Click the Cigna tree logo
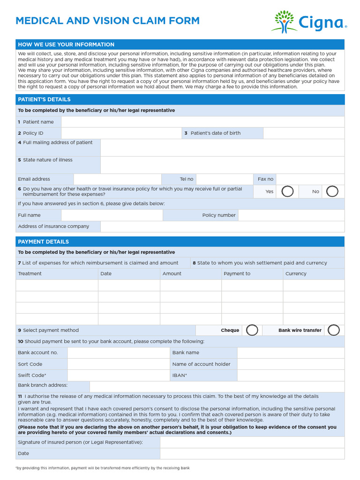pos(284,21)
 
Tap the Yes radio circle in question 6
pos(287,191)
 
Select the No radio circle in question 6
pos(332,191)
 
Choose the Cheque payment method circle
pos(252,330)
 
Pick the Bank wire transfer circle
pos(333,330)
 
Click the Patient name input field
pos(202,122)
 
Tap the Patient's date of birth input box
pos(303,133)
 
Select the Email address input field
pos(117,179)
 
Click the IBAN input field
pos(291,375)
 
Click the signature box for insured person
pos(252,442)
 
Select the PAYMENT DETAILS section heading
pos(44,242)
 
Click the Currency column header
pos(296,274)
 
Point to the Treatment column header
pos(30,274)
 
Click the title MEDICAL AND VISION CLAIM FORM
pos(108,21)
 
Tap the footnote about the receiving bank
pos(103,468)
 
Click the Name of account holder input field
pos(291,364)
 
